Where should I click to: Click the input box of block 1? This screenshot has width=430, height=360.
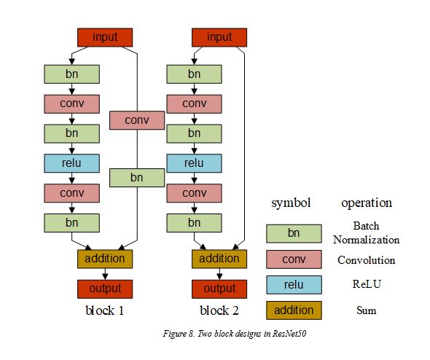click(105, 37)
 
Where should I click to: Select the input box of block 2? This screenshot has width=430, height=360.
click(219, 37)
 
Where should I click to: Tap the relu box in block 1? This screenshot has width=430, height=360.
click(71, 163)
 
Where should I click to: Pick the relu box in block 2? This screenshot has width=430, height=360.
click(195, 163)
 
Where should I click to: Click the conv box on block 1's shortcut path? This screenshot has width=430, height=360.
click(137, 120)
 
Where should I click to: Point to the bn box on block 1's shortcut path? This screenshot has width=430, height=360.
click(137, 177)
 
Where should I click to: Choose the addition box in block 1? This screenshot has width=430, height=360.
click(105, 258)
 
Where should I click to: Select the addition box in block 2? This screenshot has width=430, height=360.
click(219, 258)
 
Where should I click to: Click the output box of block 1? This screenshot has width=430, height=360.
click(105, 289)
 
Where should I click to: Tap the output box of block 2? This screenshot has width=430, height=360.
click(219, 289)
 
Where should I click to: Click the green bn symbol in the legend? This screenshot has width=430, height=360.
click(294, 233)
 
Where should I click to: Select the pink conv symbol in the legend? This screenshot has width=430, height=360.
click(294, 259)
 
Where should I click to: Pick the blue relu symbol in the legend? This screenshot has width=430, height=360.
click(294, 285)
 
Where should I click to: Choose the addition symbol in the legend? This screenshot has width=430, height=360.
click(294, 310)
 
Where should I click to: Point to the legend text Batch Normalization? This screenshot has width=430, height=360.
click(366, 232)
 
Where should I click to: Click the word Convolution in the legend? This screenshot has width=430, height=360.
click(366, 260)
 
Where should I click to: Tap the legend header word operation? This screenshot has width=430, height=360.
click(366, 203)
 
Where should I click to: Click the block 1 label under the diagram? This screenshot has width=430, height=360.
click(105, 311)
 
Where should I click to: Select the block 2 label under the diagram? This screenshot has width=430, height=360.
click(219, 311)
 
